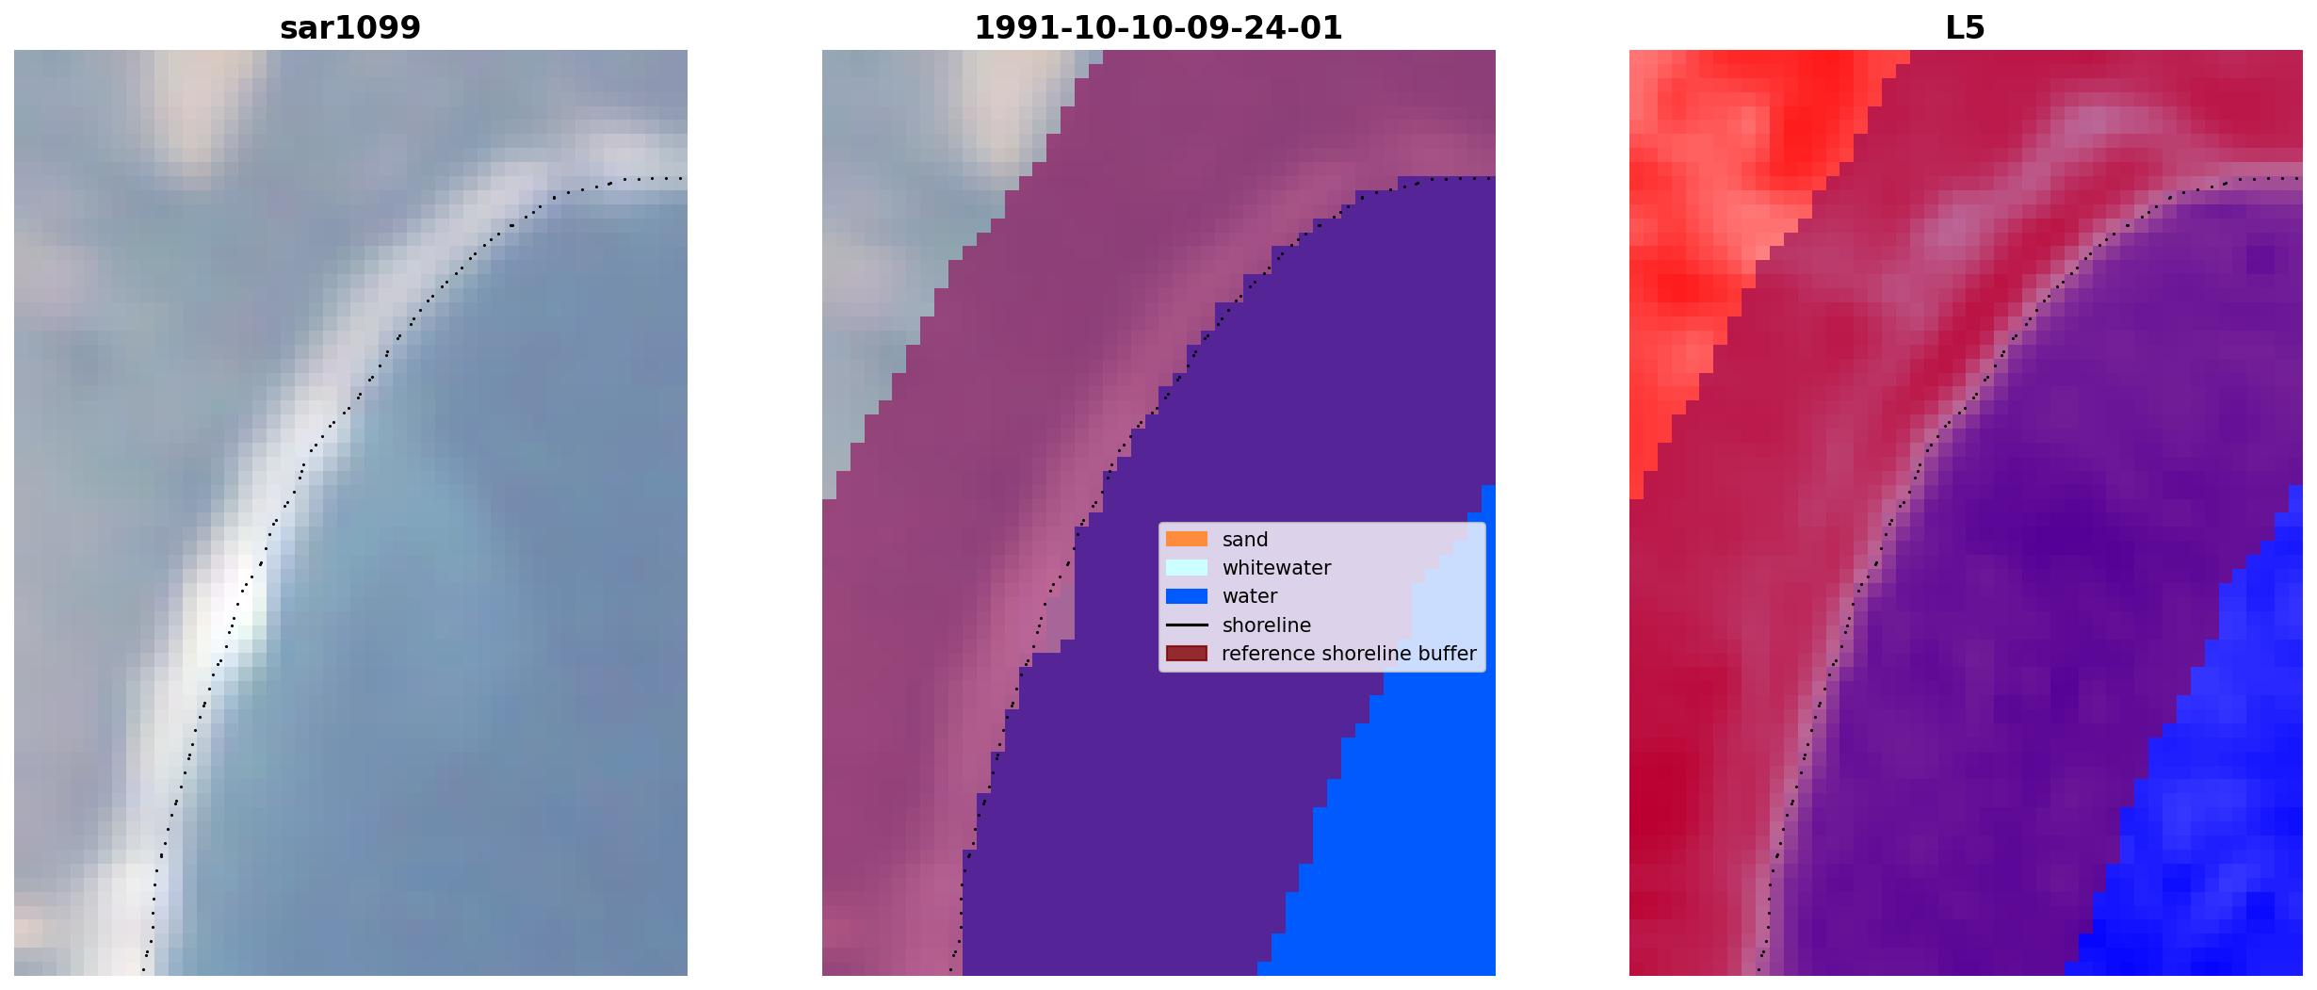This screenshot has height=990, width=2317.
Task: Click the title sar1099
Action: point(350,28)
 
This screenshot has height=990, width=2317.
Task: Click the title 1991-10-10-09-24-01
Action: point(1158,28)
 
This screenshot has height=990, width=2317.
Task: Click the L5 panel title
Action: point(1966,28)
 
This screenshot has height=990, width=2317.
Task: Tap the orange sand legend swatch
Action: point(1187,539)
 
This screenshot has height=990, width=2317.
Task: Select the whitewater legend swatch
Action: point(1187,567)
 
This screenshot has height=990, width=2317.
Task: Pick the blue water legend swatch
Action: point(1187,595)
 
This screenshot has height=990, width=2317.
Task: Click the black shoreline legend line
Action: point(1187,625)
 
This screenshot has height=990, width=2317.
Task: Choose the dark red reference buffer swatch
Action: point(1187,653)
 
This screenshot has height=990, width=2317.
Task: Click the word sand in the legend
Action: point(1245,540)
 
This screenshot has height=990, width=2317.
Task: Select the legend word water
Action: point(1250,596)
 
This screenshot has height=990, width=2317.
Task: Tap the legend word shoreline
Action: point(1267,625)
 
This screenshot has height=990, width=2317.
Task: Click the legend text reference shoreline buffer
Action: point(1349,654)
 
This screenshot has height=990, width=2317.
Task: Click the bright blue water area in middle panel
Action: point(1403,848)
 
